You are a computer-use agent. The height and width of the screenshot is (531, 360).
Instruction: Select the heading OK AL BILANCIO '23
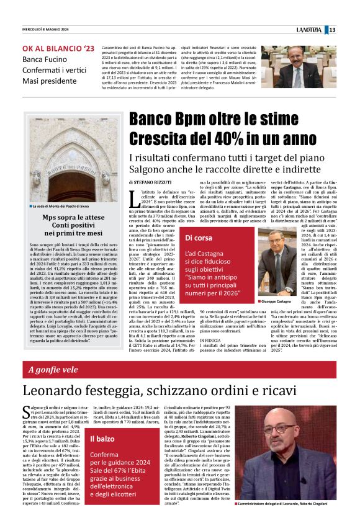(x=59, y=48)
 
